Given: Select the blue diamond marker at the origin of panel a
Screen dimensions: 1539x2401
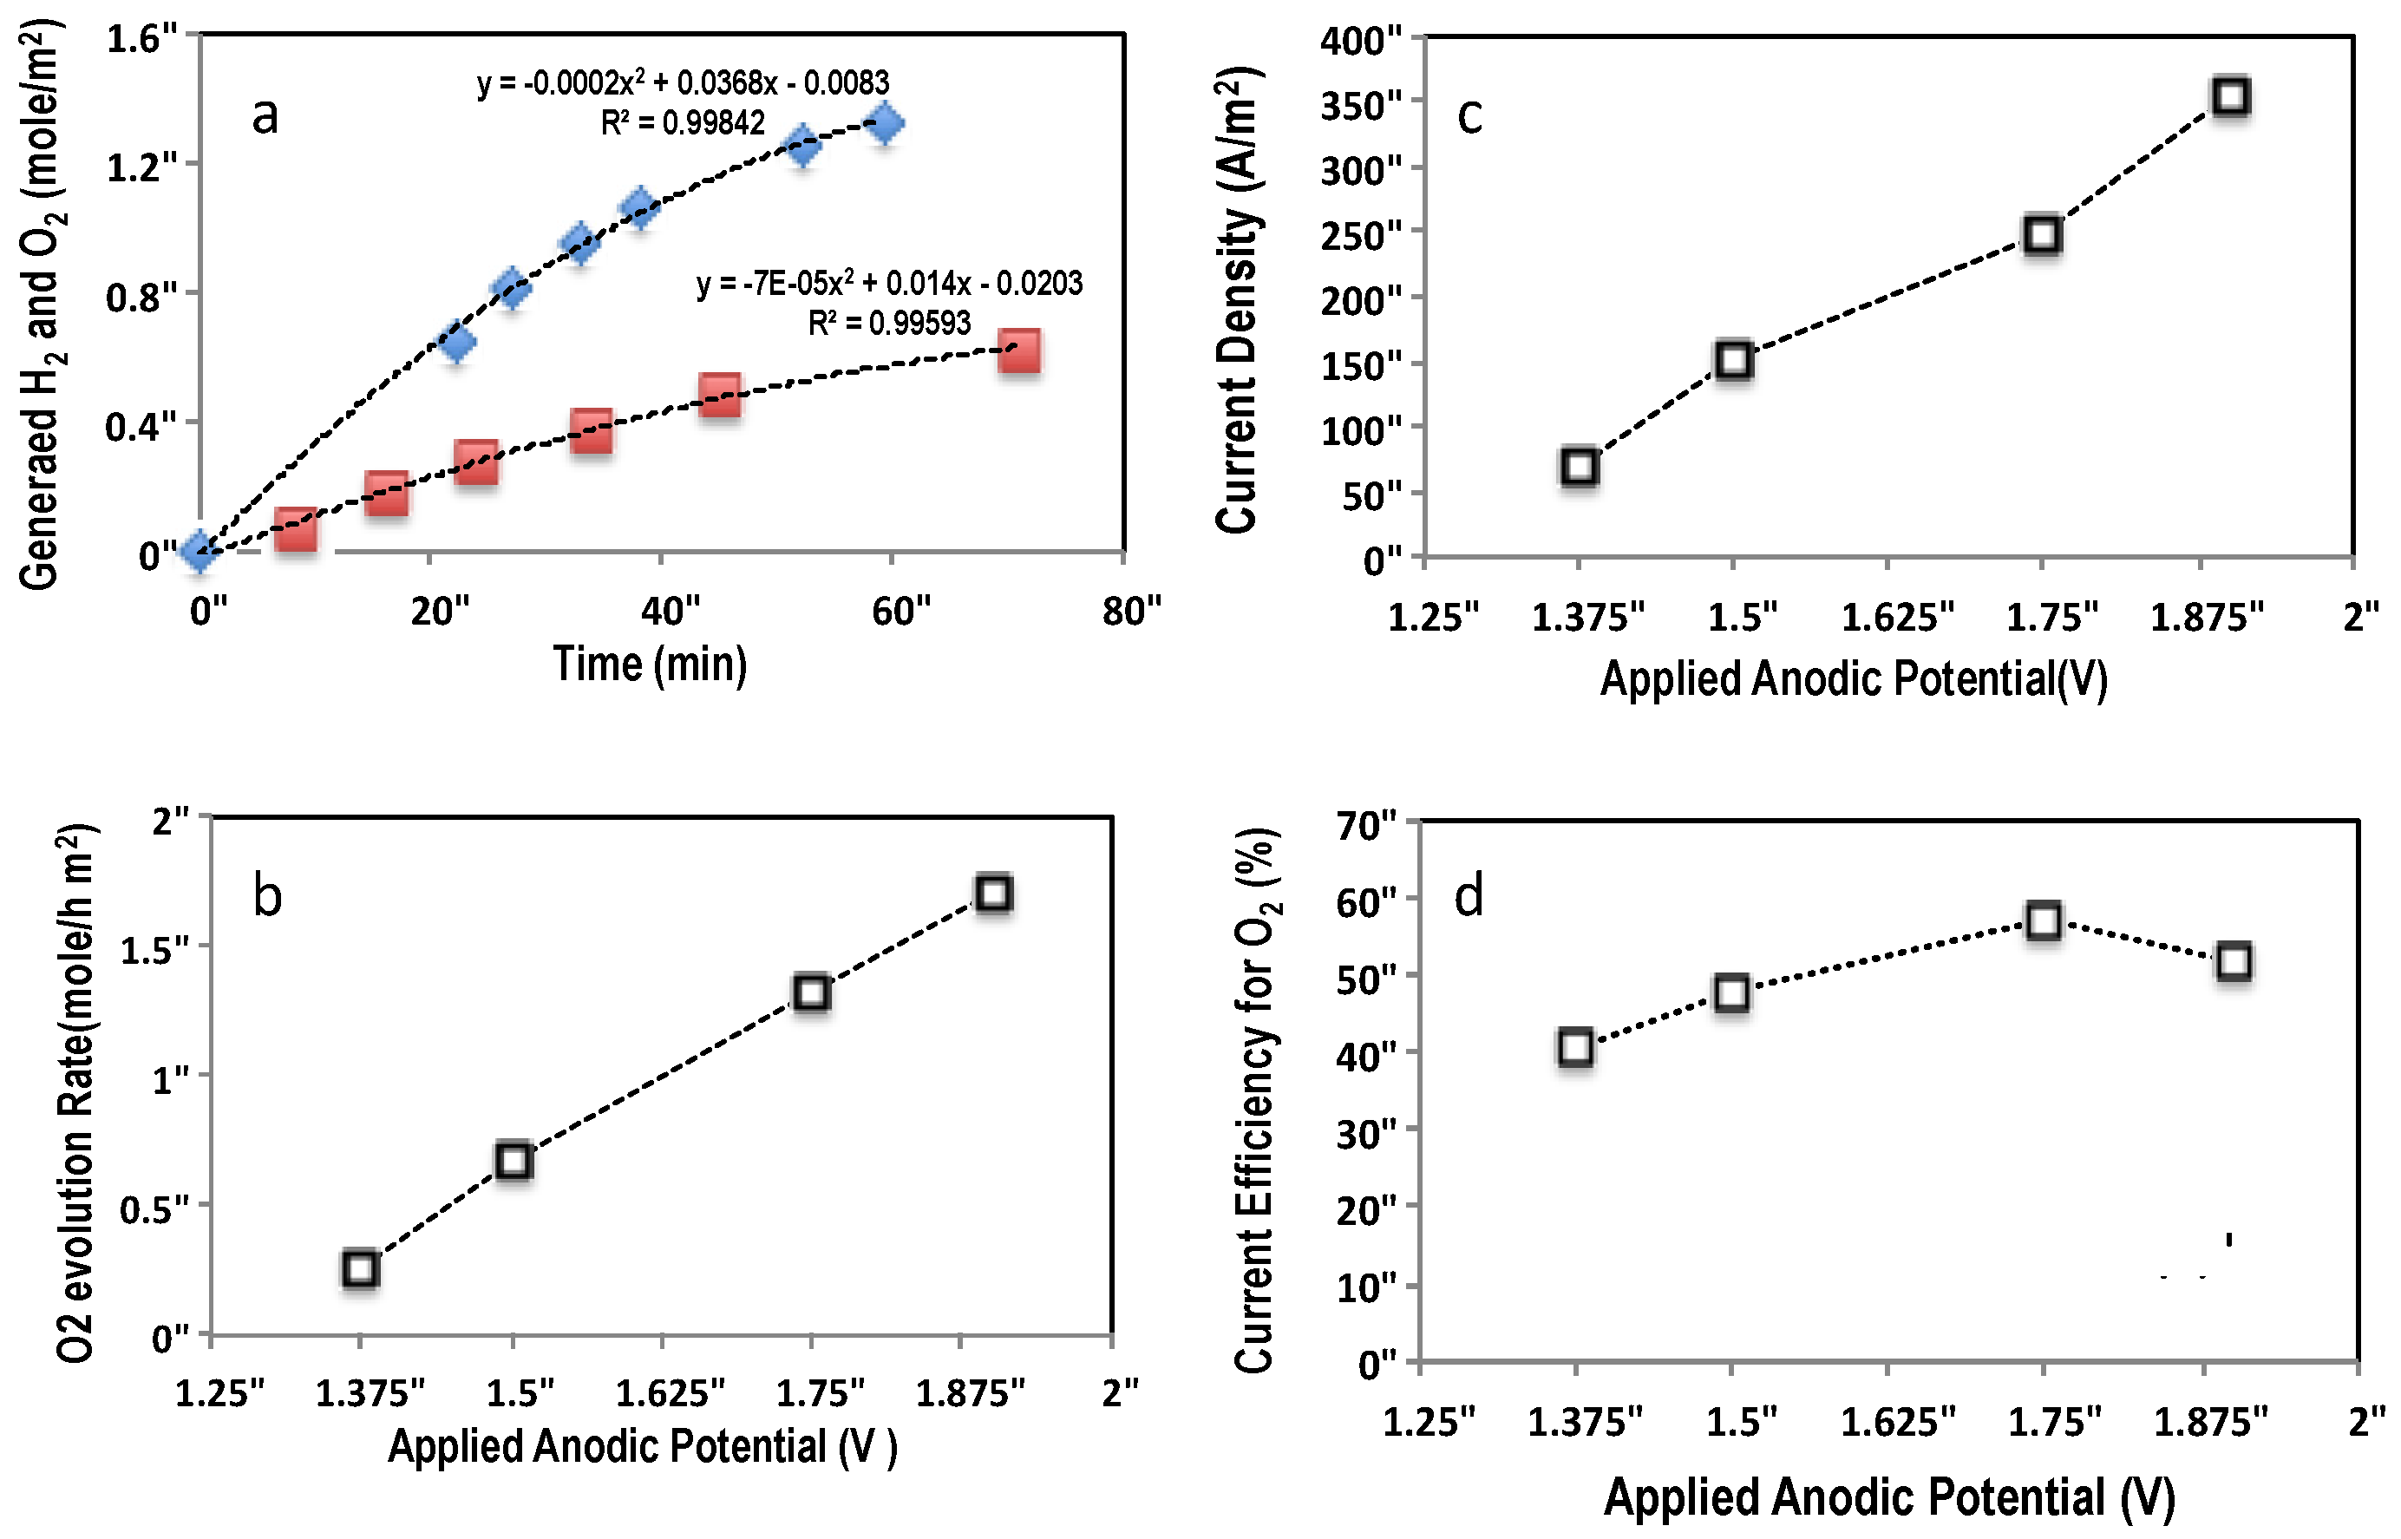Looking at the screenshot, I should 200,550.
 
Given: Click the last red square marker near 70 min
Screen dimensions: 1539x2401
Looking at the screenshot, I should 1019,350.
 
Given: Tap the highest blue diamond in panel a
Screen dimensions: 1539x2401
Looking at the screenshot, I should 884,124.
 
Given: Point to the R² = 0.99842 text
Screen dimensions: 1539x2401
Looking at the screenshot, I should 683,123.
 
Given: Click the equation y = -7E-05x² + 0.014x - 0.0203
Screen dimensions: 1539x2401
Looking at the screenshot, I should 889,284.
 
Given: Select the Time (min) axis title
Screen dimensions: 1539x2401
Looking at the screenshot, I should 651,665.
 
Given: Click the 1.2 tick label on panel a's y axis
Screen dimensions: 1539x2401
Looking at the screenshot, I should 141,167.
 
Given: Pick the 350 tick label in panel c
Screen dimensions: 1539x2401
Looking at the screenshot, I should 1360,105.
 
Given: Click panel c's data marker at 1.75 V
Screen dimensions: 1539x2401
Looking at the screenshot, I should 2042,235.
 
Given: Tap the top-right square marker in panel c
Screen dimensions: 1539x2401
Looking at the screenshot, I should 2231,97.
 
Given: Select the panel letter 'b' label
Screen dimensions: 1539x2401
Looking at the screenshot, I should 267,894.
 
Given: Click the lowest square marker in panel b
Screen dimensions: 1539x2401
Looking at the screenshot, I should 360,1268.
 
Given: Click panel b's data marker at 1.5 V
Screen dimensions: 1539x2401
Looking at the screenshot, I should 514,1160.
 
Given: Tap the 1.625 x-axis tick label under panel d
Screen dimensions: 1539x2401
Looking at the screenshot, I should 1897,1420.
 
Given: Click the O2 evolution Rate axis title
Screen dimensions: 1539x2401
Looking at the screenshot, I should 76,1094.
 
